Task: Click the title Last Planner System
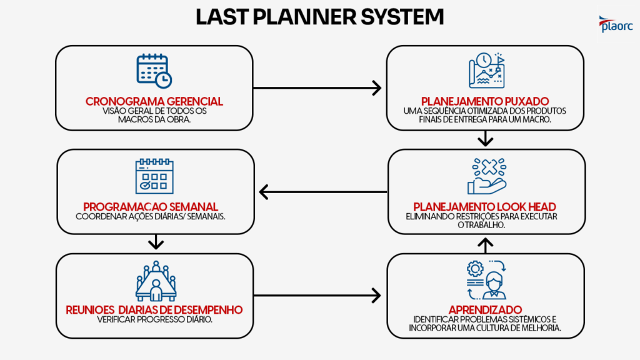click(x=319, y=17)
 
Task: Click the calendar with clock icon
click(x=154, y=71)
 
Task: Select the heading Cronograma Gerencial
click(x=154, y=101)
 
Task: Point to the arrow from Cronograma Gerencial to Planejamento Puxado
click(x=317, y=88)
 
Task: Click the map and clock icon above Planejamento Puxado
click(x=486, y=71)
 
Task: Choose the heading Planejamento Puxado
click(x=485, y=101)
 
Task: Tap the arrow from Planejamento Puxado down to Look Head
click(x=485, y=139)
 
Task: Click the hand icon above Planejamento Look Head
click(x=486, y=176)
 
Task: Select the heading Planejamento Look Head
click(x=485, y=207)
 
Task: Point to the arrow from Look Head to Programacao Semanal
click(x=322, y=192)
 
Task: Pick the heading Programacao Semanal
click(x=151, y=207)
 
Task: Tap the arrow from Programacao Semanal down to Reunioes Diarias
click(x=156, y=242)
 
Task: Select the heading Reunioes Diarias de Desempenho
click(x=154, y=309)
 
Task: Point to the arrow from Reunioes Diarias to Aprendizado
click(x=317, y=295)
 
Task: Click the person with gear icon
click(x=486, y=280)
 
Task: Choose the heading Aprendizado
click(x=485, y=309)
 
